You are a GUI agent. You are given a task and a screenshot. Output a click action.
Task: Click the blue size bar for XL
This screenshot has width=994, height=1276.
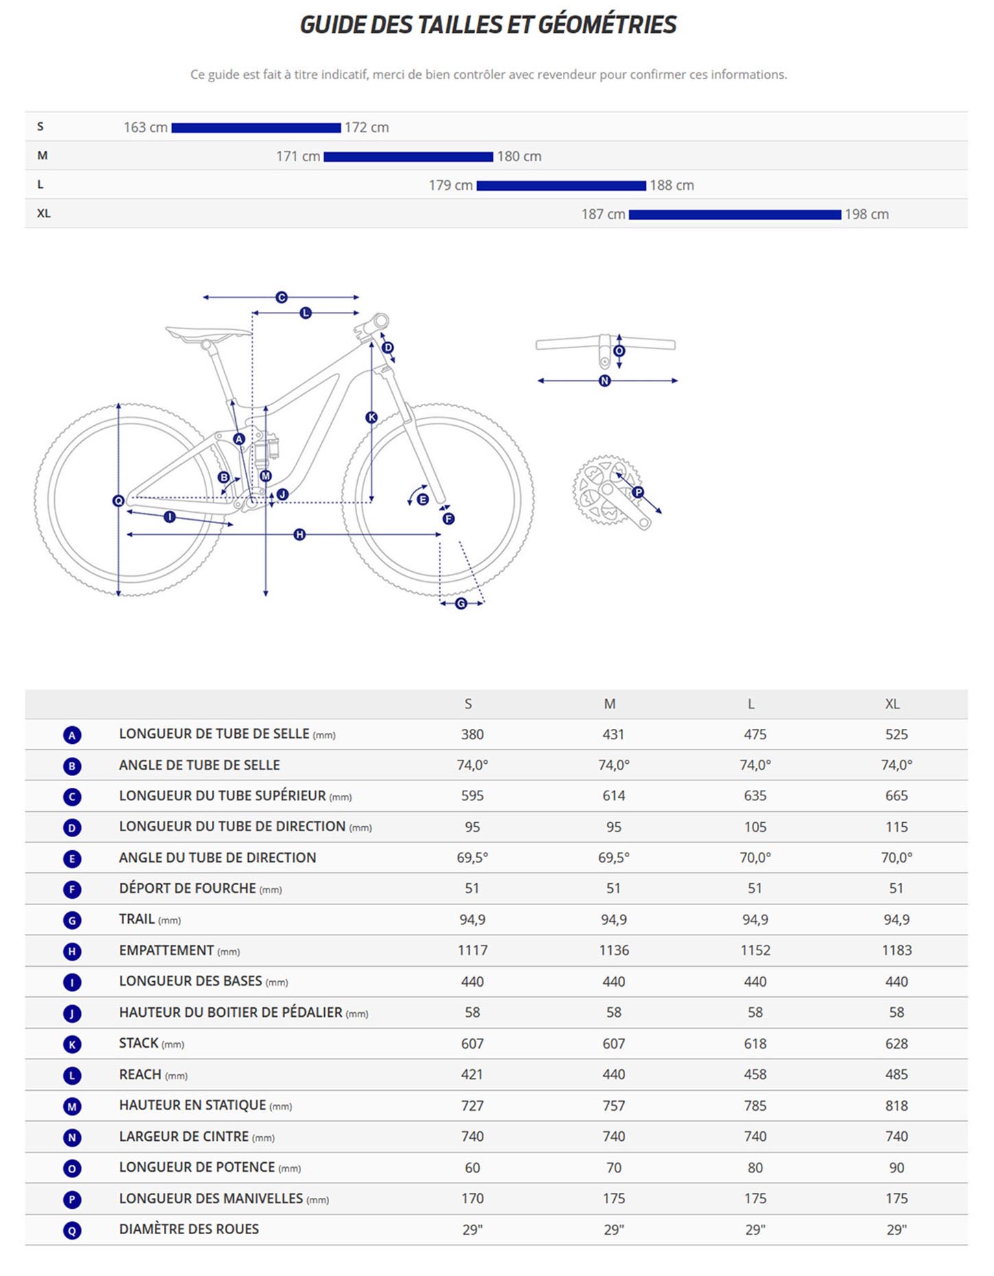[x=734, y=215]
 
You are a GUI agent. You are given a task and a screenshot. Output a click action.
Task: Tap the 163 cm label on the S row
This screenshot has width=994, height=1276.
[x=145, y=128]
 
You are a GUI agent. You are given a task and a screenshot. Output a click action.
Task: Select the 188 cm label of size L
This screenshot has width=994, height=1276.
[x=671, y=185]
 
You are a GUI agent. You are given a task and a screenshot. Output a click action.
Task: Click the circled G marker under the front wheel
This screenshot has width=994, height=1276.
[x=461, y=603]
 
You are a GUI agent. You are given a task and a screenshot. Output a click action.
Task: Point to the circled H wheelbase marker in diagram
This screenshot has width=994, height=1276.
[x=300, y=534]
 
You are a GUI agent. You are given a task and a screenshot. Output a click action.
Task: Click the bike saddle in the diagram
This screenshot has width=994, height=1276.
[x=208, y=333]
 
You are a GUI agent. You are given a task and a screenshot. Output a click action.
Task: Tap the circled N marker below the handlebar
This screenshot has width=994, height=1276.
[x=605, y=381]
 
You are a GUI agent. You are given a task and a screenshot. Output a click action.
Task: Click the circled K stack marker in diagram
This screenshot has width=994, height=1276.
[x=372, y=417]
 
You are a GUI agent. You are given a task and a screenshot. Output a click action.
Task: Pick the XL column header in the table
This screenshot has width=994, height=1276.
[x=892, y=704]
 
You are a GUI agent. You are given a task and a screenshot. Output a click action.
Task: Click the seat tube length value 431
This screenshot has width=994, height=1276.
[x=614, y=734]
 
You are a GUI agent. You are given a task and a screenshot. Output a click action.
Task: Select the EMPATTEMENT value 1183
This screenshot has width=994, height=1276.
[x=896, y=950]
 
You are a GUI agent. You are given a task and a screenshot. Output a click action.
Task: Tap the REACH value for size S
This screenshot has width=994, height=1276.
[x=472, y=1074]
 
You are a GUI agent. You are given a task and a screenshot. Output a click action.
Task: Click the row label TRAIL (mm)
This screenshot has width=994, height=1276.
[x=149, y=919]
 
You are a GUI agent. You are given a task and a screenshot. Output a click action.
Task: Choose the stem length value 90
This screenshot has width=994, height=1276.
[x=896, y=1168]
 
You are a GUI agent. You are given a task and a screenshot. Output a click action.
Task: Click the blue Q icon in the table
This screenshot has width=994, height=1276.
[x=72, y=1231]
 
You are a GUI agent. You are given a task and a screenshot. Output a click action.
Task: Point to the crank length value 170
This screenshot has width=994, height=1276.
[x=472, y=1199]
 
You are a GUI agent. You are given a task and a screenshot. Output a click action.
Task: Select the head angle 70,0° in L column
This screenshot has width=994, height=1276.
[x=755, y=858]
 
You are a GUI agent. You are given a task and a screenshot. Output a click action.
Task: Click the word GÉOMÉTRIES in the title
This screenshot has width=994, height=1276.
[x=607, y=25]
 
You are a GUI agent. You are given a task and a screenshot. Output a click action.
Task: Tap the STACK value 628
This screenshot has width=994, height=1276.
[x=896, y=1044]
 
